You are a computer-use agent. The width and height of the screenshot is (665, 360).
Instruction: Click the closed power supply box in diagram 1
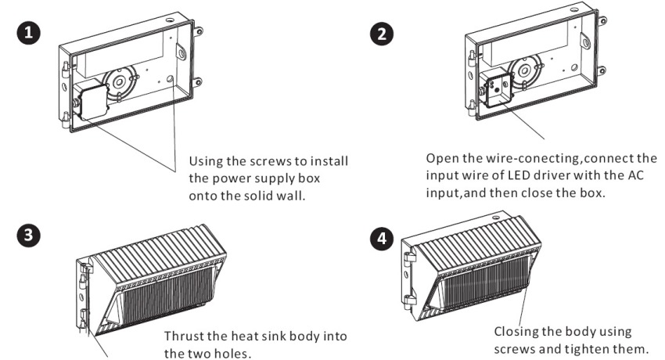click(x=90, y=103)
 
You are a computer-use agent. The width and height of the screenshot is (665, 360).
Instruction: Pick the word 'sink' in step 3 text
click(x=279, y=337)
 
